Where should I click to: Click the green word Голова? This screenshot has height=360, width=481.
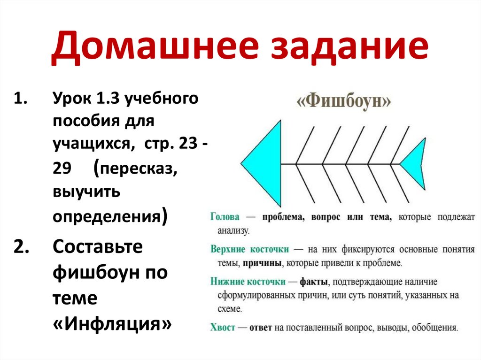tap(225, 217)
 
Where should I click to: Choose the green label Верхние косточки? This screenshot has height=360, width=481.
tap(249, 249)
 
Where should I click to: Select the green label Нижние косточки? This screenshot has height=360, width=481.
tap(248, 282)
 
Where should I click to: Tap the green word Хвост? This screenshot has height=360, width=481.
tap(222, 328)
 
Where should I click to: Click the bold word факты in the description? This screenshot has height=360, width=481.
tap(313, 282)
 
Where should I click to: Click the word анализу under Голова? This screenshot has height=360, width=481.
tap(233, 231)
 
